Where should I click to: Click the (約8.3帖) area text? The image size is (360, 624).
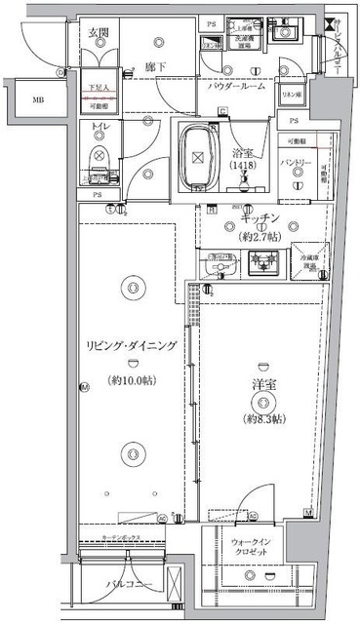point(260,419)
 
